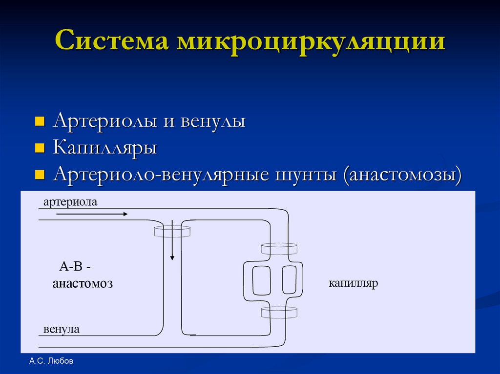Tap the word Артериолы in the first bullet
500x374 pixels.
coord(103,121)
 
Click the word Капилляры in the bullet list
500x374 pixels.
coord(105,147)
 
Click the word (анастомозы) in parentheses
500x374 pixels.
coord(403,174)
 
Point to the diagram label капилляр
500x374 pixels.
coord(354,283)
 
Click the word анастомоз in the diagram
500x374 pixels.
coord(83,283)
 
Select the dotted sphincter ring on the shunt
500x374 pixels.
coord(172,231)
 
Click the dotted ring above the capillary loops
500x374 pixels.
coord(279,249)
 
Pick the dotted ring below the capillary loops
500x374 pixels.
coord(279,312)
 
